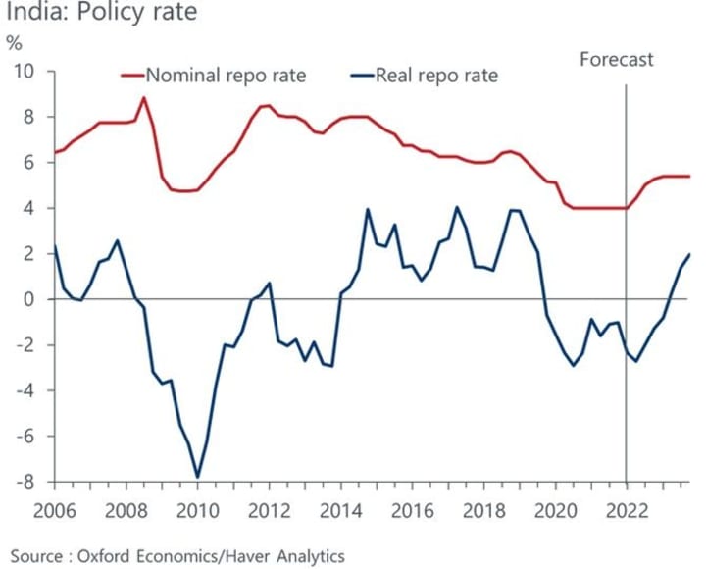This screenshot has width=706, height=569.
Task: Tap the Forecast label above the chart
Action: pos(616,60)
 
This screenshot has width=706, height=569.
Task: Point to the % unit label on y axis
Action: pos(14,43)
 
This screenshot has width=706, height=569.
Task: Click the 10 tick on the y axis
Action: pos(23,72)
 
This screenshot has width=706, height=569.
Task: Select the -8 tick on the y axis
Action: pos(23,482)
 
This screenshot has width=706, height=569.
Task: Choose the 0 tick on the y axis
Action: pos(28,299)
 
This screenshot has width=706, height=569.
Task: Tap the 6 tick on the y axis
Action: pos(28,163)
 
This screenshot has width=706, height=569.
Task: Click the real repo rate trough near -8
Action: pos(198,477)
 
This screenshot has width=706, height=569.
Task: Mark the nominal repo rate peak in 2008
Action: pos(145,97)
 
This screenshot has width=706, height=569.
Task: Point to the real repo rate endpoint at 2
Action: pos(689,254)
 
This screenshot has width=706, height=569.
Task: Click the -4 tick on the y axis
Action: pos(23,390)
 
